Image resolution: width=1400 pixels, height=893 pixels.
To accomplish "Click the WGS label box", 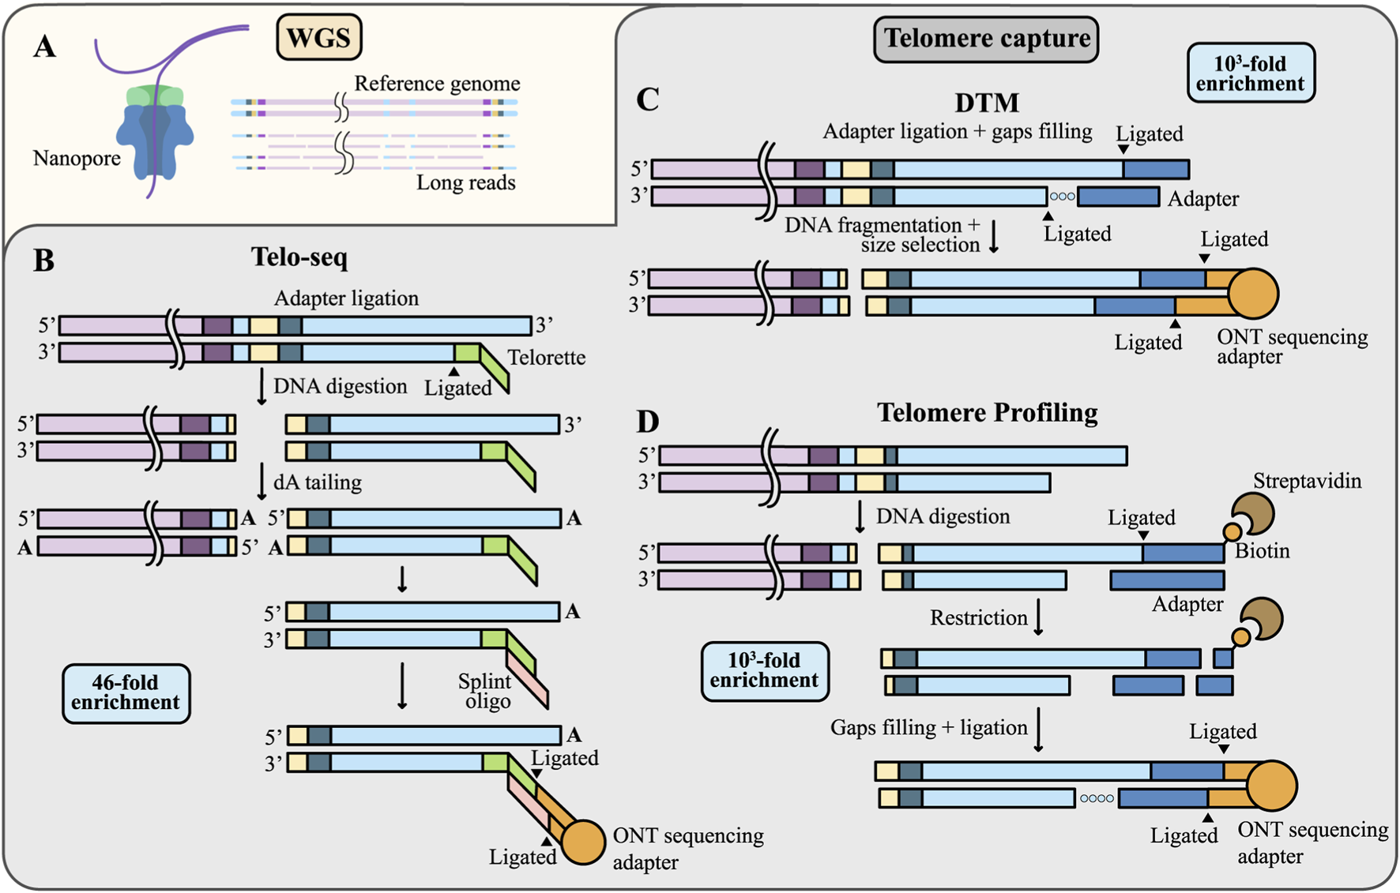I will pos(318,38).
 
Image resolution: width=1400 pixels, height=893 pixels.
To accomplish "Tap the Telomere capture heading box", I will pos(986,39).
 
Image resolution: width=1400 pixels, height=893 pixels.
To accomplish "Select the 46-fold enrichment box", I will pos(126,693).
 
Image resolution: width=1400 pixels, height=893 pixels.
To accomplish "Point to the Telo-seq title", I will pos(299,257).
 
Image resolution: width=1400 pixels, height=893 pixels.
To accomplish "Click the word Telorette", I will pos(546,358).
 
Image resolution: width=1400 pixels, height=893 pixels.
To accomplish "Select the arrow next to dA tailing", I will pos(262,482).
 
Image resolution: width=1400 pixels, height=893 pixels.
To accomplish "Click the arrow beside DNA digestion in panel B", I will pos(262,386).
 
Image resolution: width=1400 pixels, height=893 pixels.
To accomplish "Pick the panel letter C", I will pos(648,100).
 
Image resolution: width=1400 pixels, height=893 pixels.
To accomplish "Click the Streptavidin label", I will pos(1307,481).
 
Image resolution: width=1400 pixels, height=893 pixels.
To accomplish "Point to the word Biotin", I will pos(1262,551).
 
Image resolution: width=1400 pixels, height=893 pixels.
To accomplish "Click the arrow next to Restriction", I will pos(1038,617).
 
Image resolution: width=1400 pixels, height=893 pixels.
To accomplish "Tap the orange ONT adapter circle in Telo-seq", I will pos(582,842).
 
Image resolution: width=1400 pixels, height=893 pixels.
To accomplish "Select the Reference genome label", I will pos(437,84).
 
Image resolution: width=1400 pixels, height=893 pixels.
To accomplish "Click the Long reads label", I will pos(465,183).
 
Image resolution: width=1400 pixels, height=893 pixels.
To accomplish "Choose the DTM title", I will pos(987,103).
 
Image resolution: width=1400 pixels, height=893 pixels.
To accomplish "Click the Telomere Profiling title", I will pos(987,412).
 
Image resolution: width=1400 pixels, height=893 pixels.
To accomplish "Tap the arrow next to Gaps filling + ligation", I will pos(1038,729).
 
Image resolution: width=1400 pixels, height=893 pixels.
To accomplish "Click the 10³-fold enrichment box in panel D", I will pos(764,671).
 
